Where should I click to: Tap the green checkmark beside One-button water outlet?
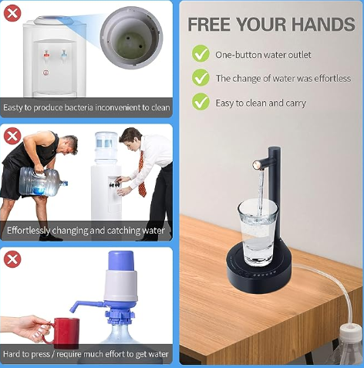[x=201, y=53]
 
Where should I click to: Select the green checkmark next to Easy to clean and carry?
[x=201, y=102]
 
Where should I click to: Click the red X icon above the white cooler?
[x=12, y=13]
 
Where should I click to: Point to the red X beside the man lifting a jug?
[x=12, y=136]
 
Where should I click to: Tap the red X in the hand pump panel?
[x=12, y=259]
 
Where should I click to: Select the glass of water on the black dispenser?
[x=258, y=233]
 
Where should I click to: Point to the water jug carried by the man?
[x=43, y=181]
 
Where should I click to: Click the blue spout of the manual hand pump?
[x=86, y=306]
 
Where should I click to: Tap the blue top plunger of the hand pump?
[x=121, y=261]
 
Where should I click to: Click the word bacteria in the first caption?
[x=79, y=107]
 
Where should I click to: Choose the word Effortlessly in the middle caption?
[x=29, y=231]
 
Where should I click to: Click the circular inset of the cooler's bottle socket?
[x=131, y=38]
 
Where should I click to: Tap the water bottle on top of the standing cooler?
[x=106, y=148]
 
